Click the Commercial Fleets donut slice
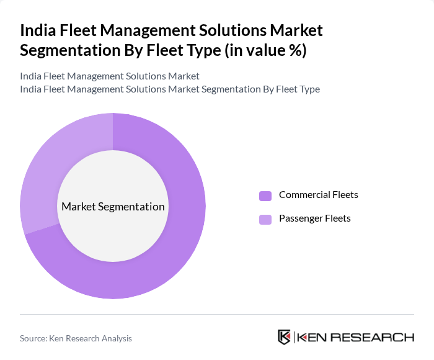(180, 248)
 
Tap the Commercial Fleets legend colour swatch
(265, 196)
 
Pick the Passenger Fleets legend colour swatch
(265, 219)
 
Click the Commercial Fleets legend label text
(318, 195)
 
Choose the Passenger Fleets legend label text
(314, 218)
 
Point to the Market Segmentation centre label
(113, 207)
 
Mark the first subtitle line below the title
(110, 76)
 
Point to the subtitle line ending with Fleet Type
(170, 89)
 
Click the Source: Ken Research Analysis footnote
(76, 338)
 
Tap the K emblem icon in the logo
(285, 337)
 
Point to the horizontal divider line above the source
(217, 315)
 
